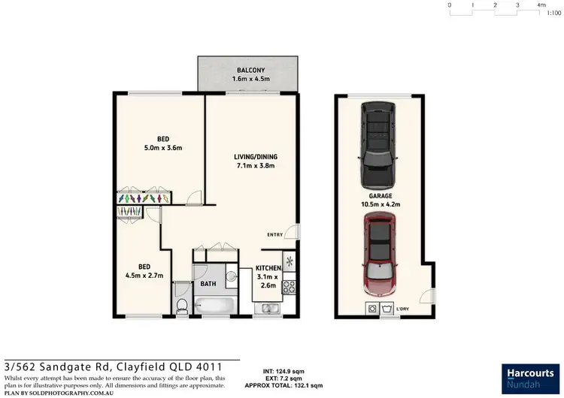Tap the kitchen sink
click(268, 307)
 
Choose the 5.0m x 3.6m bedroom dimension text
click(162, 148)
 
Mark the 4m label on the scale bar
click(541, 5)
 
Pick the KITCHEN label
click(268, 267)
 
